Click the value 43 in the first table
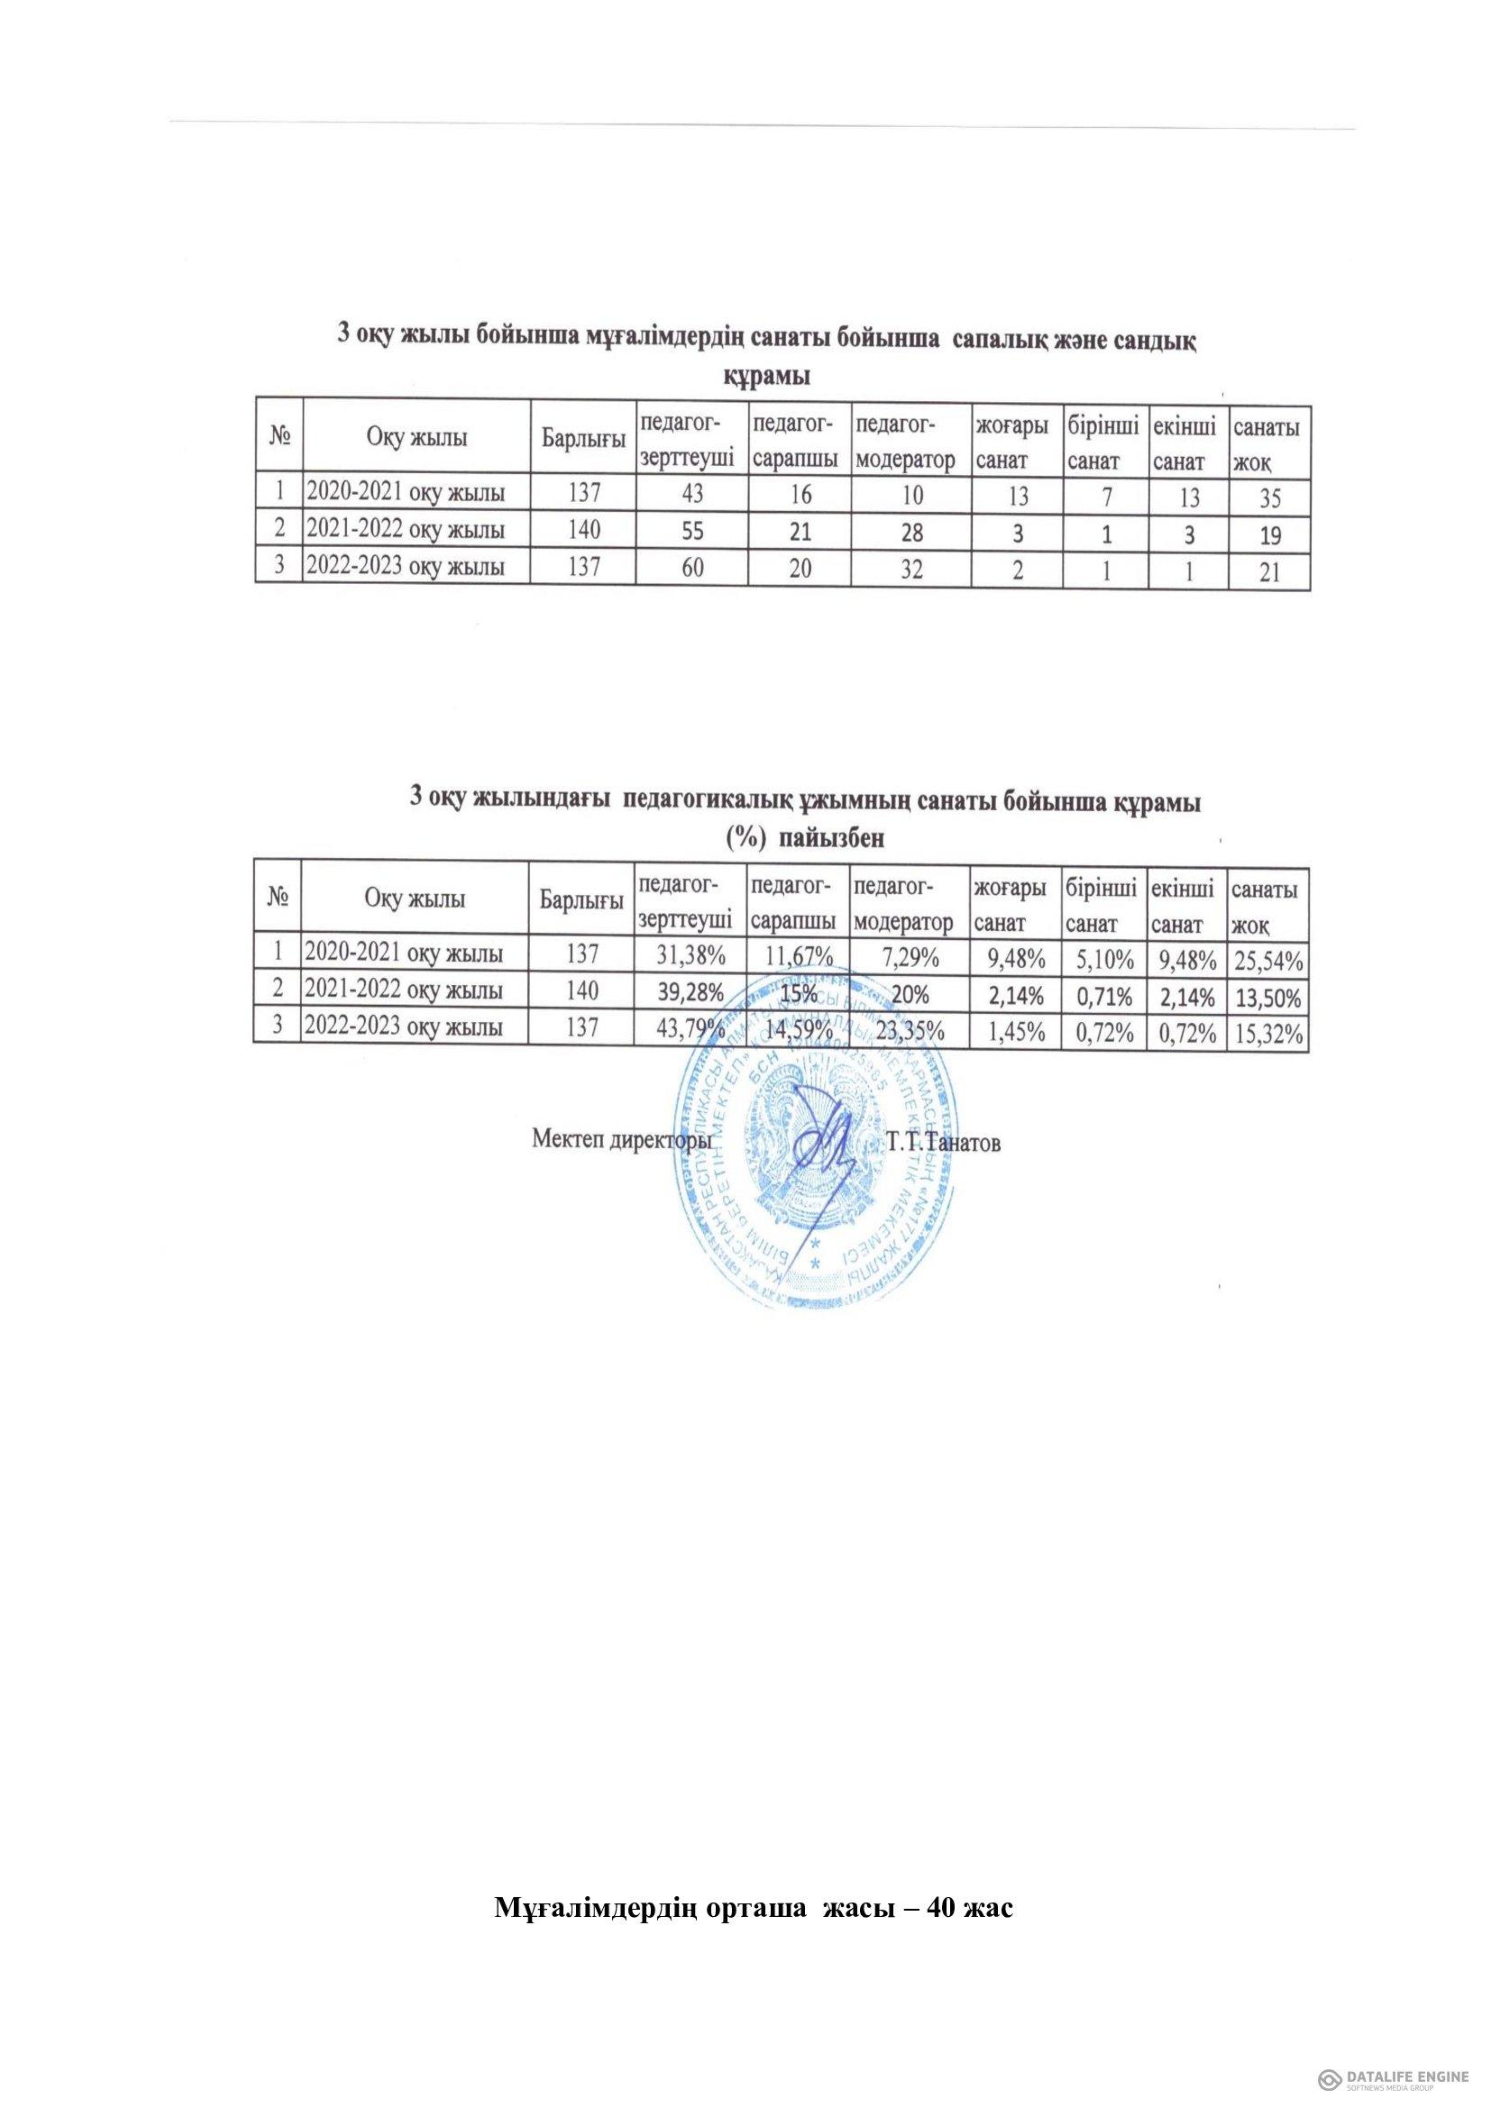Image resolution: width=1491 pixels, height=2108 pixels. coord(692,494)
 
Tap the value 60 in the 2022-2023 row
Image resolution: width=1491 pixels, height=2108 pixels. coord(692,568)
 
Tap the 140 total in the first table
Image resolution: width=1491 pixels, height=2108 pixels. coord(584,531)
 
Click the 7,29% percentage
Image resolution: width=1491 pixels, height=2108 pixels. coord(910,959)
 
